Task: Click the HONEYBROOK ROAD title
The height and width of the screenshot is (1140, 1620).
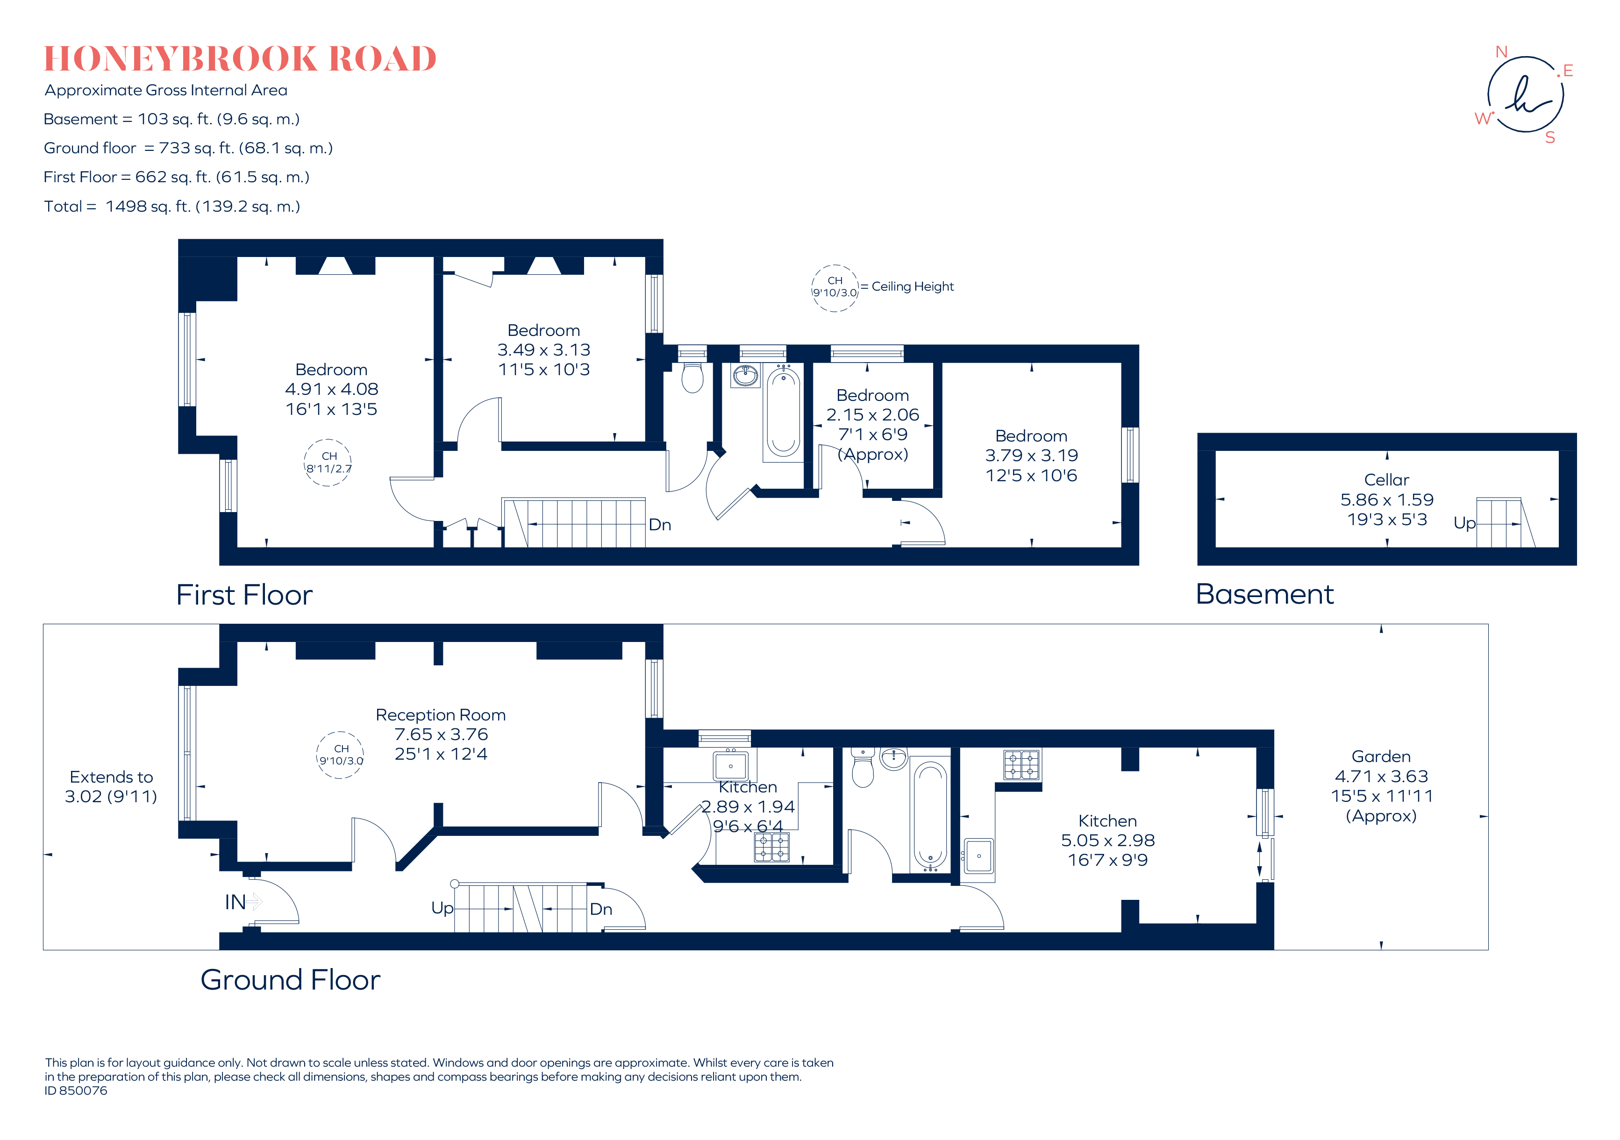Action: [x=240, y=58]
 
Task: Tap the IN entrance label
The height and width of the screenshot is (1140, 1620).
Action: [x=235, y=902]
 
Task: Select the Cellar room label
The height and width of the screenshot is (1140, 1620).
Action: [x=1386, y=480]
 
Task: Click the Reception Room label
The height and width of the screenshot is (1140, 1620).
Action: [x=440, y=715]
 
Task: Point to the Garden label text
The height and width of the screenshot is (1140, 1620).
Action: [x=1381, y=757]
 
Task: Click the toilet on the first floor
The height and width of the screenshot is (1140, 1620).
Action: [x=692, y=378]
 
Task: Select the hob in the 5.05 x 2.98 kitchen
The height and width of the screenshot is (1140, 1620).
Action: [x=1021, y=764]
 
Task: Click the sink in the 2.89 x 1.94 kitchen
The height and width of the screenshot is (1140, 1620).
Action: [x=730, y=765]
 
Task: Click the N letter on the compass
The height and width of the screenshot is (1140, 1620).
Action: [x=1501, y=52]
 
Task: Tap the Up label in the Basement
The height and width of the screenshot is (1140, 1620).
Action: [x=1464, y=523]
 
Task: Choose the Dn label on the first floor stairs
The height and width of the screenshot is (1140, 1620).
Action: [x=660, y=525]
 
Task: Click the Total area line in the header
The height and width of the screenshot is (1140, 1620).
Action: [x=171, y=207]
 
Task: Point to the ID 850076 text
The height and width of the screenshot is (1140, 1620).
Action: [x=76, y=1090]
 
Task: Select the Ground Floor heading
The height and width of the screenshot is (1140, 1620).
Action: [x=290, y=980]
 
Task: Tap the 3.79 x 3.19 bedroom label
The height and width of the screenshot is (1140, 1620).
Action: [x=1031, y=456]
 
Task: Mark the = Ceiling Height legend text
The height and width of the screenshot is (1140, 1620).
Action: [x=907, y=286]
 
